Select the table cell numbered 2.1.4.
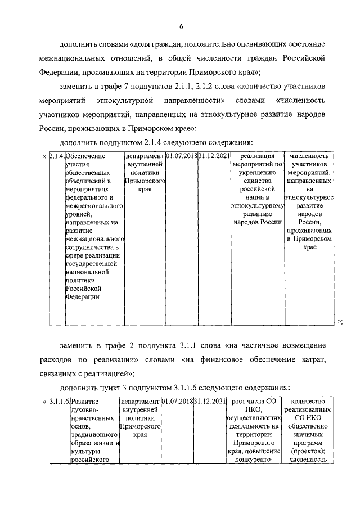click(x=56, y=156)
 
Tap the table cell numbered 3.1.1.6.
click(x=58, y=402)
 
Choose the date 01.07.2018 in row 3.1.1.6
click(x=176, y=402)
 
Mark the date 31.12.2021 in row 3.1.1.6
click(x=210, y=402)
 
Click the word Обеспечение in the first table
click(x=86, y=156)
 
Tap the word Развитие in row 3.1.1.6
click(x=85, y=402)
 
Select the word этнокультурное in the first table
click(x=309, y=198)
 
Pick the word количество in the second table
click(x=309, y=402)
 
